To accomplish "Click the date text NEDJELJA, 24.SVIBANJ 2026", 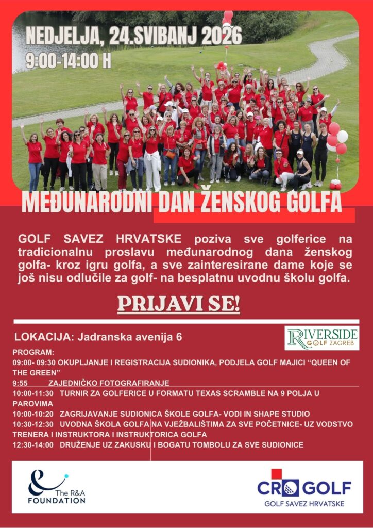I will coord(133,37).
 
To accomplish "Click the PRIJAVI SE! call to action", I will coord(179,304).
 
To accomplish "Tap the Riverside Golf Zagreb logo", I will coord(322,338).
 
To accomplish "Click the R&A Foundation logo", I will coord(56,487).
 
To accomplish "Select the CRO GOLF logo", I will coord(304,488).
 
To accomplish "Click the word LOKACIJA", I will coord(44,337).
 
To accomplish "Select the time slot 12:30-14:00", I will coord(33,444).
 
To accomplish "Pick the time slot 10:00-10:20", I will coord(33,414).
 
